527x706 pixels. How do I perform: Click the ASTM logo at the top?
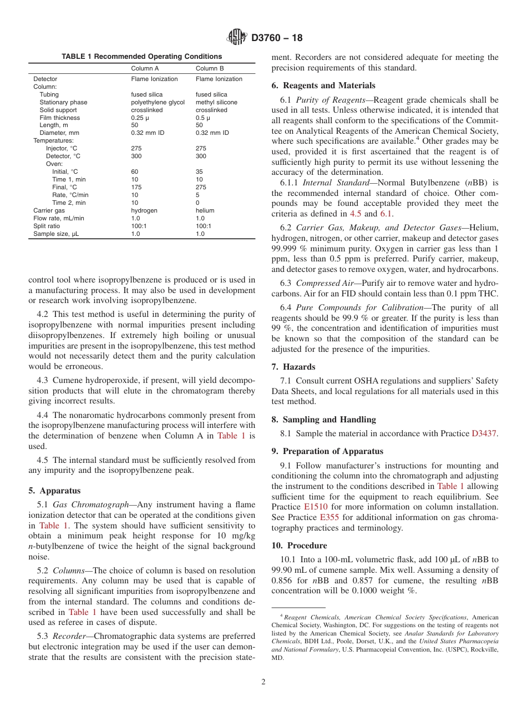[x=237, y=38]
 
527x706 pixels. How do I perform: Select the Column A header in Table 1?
[x=145, y=68]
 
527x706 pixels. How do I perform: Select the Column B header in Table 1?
[x=210, y=68]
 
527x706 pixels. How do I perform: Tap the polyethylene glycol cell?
[x=158, y=102]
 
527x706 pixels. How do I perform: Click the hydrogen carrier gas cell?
[x=144, y=211]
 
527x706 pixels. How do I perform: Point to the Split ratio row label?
[x=48, y=226]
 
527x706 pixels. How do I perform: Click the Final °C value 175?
[x=136, y=188]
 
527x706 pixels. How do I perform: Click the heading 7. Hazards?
[x=293, y=367]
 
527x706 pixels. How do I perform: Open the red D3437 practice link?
[x=484, y=433]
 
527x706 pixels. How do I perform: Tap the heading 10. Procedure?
[x=299, y=546]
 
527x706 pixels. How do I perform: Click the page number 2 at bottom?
[x=263, y=682]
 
